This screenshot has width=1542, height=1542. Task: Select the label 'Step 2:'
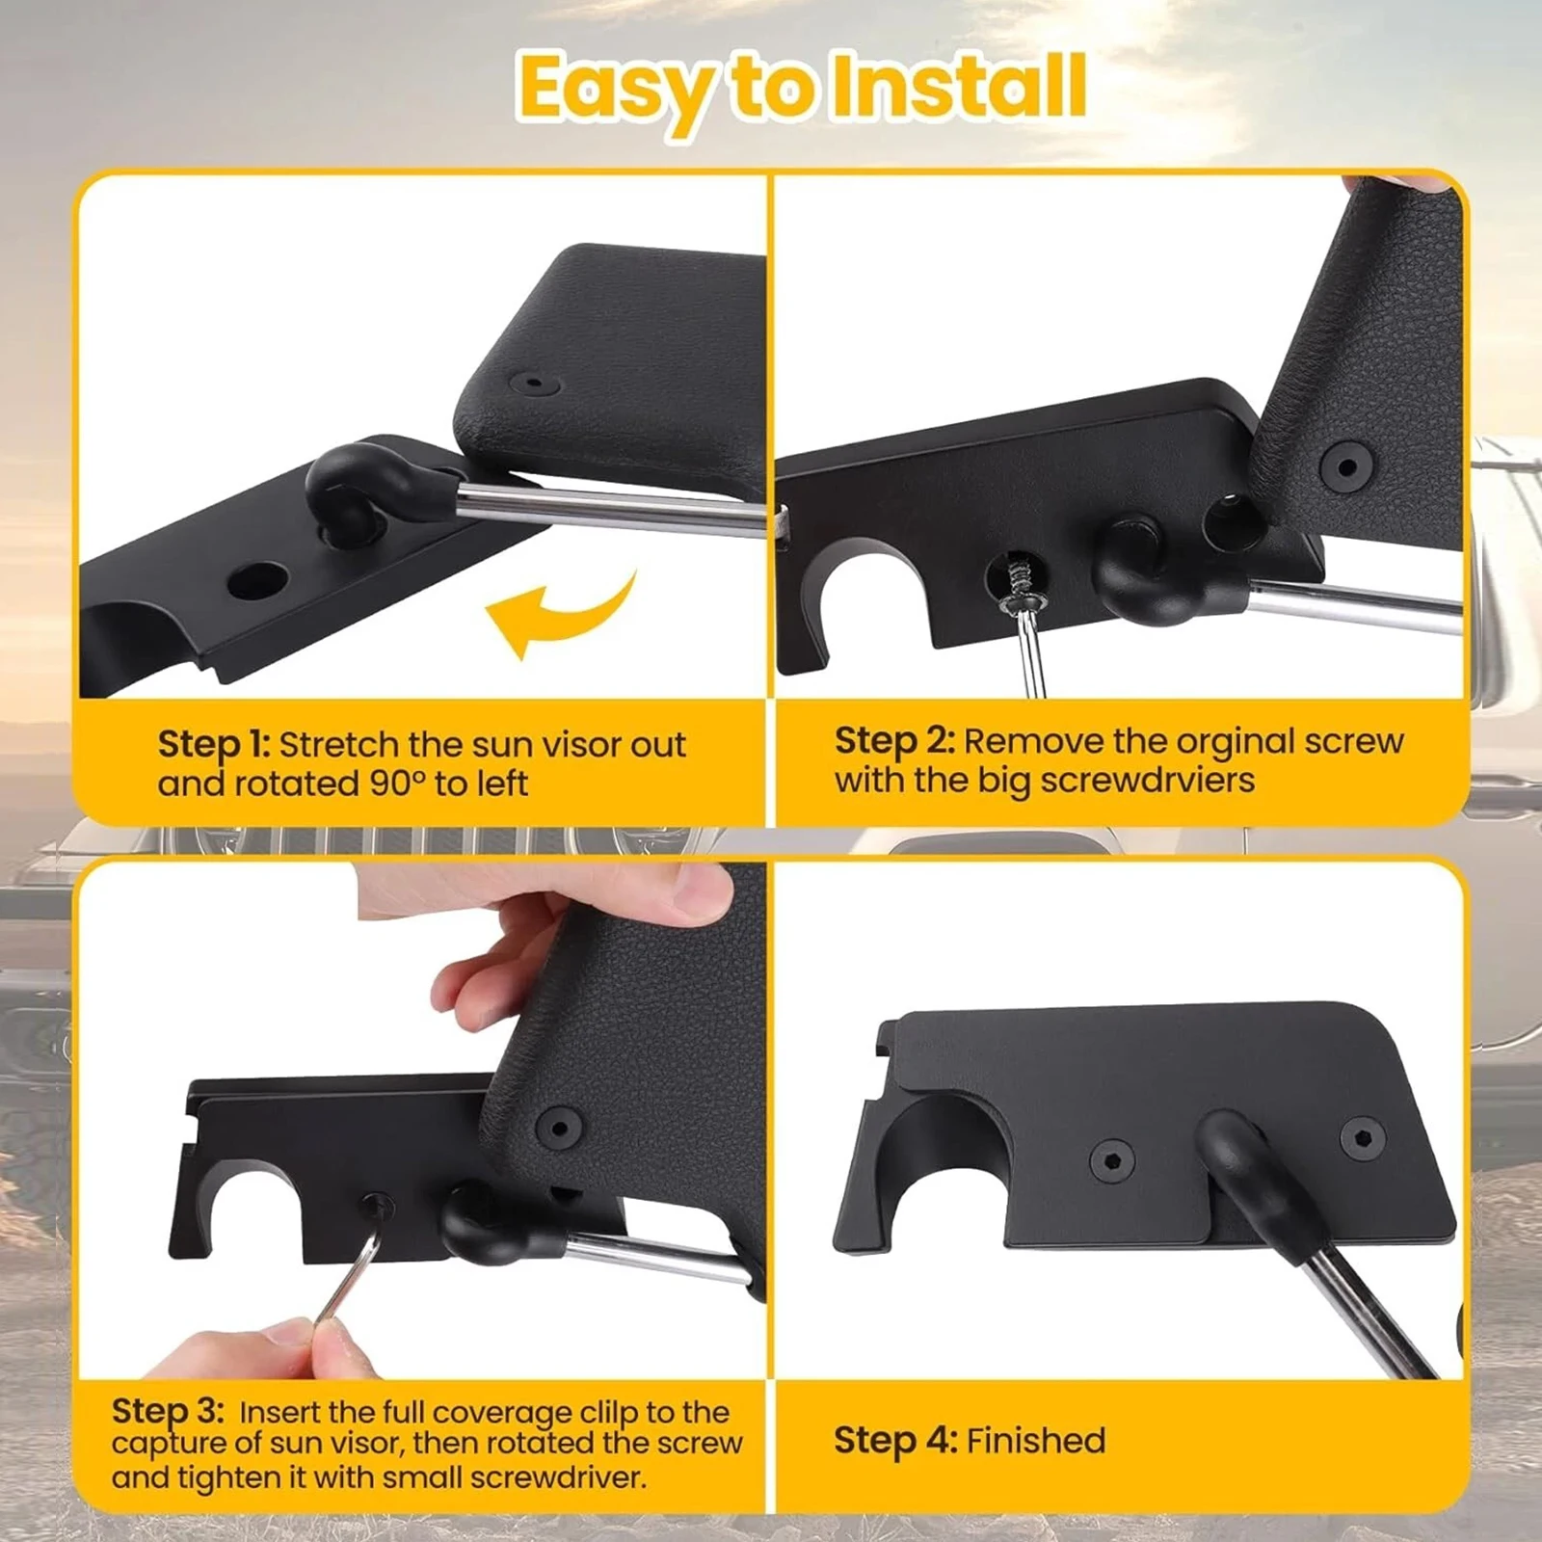[893, 741]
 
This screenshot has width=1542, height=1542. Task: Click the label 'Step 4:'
[894, 1441]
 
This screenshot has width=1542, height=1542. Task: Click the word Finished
[1036, 1441]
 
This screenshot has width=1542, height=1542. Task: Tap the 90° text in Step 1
[397, 784]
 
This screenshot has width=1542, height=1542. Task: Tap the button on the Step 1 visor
[537, 384]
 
